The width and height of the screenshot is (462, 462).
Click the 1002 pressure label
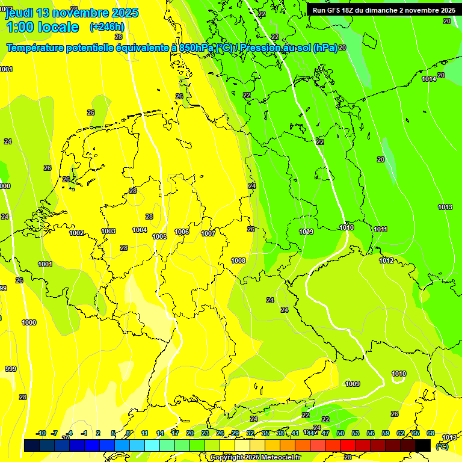76,233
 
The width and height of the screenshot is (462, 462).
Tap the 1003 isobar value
108,231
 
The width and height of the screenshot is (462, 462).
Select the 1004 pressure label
140,230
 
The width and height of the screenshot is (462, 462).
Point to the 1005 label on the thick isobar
159,236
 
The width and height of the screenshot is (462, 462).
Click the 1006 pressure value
182,232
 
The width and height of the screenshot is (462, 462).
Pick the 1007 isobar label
208,233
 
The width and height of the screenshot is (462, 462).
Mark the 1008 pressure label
238,260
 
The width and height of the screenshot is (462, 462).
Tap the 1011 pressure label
380,229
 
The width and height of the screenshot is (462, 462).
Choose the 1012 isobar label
386,260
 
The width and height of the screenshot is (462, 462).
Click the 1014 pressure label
429,79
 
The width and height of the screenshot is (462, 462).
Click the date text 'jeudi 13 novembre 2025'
72,13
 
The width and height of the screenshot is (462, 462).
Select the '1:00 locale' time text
42,27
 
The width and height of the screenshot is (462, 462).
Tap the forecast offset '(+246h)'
106,27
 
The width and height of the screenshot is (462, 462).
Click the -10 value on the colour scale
41,433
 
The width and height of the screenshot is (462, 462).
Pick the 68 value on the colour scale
431,433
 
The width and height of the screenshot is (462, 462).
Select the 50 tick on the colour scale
340,433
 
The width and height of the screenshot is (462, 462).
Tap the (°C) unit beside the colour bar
442,446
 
